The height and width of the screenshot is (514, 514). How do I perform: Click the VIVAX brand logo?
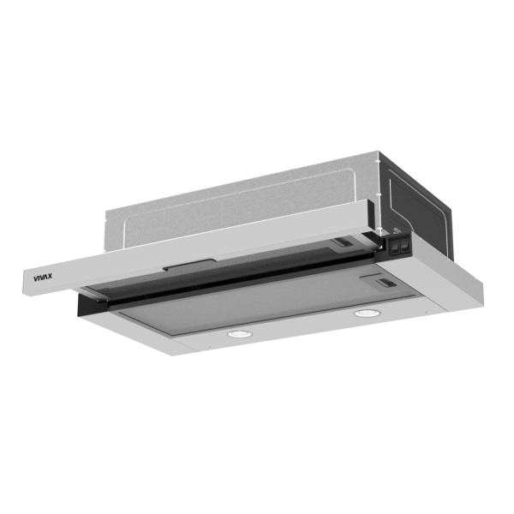click(43, 278)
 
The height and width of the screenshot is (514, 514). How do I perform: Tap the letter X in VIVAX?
click(49, 277)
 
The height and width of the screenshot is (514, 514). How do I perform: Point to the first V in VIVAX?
click(36, 279)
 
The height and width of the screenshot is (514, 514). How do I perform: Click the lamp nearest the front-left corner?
click(239, 334)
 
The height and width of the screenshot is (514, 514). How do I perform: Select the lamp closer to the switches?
click(368, 313)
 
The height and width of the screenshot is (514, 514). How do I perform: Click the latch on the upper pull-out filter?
click(342, 243)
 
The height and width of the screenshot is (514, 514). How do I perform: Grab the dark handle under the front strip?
click(190, 265)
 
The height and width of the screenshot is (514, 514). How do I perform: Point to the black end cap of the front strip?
click(370, 214)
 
